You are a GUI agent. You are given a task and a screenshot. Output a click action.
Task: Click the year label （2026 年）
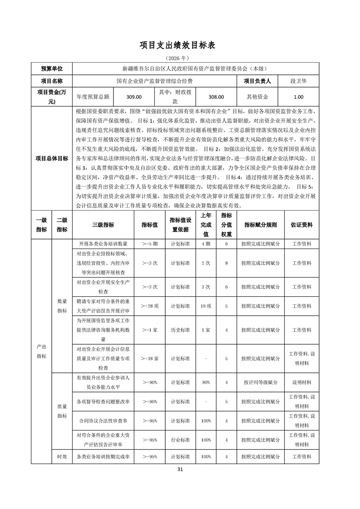click(180, 59)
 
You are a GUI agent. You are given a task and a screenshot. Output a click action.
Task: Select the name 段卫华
click(298, 81)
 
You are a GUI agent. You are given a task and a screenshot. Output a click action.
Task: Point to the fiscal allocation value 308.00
click(216, 97)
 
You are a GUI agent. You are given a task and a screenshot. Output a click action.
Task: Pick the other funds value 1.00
click(298, 97)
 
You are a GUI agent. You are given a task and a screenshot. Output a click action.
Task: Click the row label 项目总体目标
click(52, 158)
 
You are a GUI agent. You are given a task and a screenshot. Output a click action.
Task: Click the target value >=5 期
click(149, 244)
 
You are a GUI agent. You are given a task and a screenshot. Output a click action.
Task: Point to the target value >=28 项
click(149, 306)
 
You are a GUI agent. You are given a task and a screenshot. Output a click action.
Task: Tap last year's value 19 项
click(206, 306)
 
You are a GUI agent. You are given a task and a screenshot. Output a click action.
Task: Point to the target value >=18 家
click(149, 358)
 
